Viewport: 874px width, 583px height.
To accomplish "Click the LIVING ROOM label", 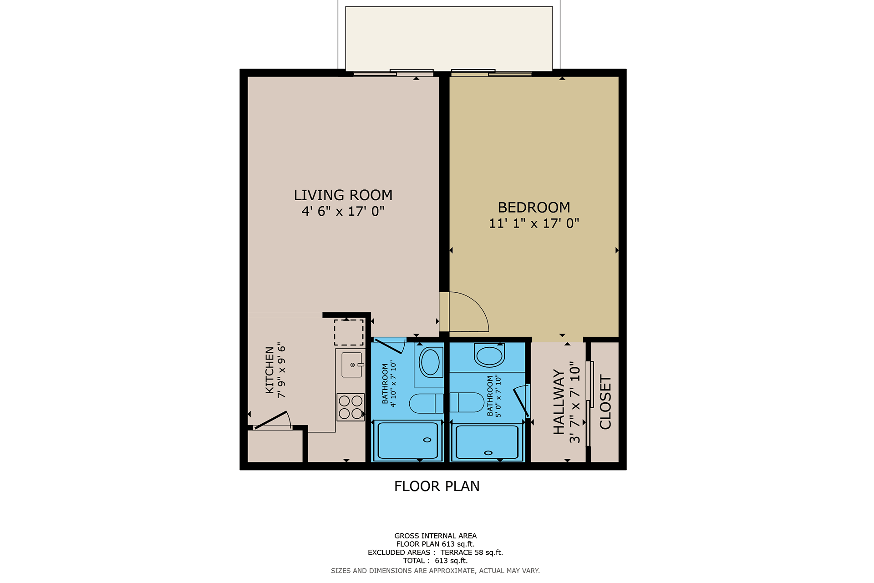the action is [343, 195].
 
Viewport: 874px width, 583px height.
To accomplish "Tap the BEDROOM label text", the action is [534, 208].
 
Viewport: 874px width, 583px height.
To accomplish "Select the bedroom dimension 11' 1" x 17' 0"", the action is [534, 223].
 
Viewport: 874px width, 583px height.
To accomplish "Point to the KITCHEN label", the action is [269, 370].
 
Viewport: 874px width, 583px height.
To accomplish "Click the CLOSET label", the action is [605, 402].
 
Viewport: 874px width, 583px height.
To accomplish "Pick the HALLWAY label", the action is [559, 402].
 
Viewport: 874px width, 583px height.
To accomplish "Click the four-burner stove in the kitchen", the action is [351, 407].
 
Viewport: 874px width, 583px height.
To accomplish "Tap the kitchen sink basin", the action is [352, 365].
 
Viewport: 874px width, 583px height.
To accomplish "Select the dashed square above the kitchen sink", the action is [349, 333].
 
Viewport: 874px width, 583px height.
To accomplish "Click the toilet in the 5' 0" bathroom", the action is [467, 402].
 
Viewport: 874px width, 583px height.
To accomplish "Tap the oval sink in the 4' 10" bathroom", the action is [431, 362].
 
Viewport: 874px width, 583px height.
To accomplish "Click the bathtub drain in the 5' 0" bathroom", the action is [488, 453].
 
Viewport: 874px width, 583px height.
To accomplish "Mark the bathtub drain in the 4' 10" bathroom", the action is [427, 440].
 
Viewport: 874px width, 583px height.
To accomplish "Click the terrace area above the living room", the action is [449, 38].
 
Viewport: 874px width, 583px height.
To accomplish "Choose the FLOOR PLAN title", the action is [437, 487].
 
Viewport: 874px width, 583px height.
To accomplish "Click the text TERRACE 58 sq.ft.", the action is [472, 553].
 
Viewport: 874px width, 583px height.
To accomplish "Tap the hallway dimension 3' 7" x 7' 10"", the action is [575, 402].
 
